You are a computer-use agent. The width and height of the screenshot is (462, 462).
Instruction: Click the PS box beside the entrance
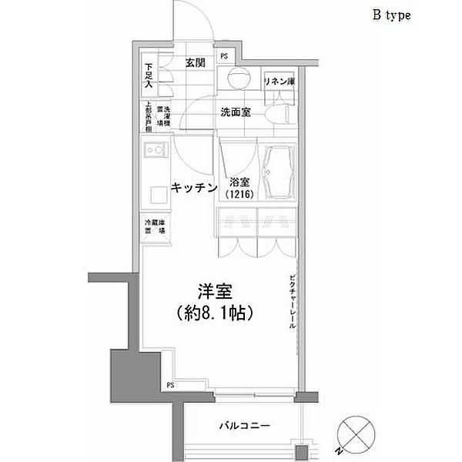pyautogui.click(x=225, y=56)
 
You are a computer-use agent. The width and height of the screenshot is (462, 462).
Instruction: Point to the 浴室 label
pyautogui.click(x=238, y=182)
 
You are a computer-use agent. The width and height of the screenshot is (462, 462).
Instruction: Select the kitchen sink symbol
pyautogui.click(x=151, y=151)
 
